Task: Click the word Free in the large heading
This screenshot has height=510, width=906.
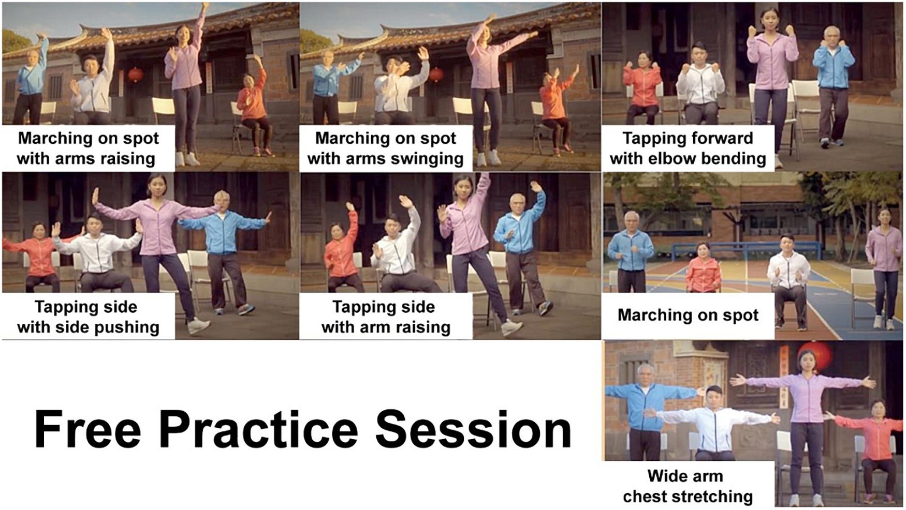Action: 87,430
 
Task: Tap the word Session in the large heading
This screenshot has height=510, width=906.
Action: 473,430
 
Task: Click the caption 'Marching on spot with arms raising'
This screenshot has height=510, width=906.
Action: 87,148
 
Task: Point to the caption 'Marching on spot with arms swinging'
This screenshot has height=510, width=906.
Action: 385,148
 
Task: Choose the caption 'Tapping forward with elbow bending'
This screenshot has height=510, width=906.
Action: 688,148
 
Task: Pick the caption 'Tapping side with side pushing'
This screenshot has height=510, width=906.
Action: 87,317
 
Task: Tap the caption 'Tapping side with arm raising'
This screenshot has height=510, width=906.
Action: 385,317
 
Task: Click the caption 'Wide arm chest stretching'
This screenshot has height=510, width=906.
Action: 688,486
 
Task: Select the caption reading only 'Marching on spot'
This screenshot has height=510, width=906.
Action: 688,315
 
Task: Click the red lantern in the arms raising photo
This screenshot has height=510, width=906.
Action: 136,75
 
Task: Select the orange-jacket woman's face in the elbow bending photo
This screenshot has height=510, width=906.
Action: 642,59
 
